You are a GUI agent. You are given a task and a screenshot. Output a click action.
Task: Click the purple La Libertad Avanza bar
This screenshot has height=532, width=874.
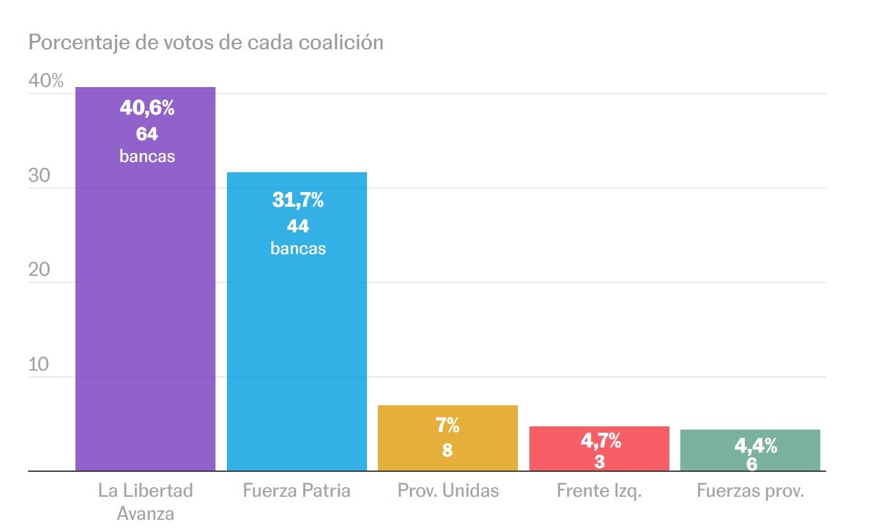tap(145, 307)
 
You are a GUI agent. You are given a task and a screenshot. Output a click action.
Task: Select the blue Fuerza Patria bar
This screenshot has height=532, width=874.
tap(297, 346)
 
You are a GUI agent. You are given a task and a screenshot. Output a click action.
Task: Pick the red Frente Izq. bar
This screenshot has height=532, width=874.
tap(599, 449)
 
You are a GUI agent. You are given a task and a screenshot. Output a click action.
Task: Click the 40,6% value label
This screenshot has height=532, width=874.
tap(147, 108)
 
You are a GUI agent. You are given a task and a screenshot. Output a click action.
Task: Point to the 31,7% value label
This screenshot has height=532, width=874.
tap(298, 200)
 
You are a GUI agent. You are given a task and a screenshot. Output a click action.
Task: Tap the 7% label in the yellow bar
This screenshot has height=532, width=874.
tap(448, 425)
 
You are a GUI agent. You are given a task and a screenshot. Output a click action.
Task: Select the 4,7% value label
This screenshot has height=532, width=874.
tap(600, 440)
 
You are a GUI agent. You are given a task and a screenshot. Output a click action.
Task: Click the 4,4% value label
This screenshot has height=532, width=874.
tap(756, 446)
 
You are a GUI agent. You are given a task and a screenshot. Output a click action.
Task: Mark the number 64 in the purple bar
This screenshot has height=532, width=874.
tap(147, 134)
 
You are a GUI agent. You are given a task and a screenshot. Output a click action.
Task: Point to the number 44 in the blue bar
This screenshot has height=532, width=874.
tap(298, 226)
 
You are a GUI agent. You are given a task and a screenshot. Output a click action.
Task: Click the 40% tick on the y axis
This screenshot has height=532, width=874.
tap(46, 81)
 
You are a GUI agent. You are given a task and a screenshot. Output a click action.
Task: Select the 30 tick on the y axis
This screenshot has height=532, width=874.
tap(39, 176)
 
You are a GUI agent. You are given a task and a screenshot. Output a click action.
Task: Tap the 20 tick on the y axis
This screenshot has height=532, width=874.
tap(39, 270)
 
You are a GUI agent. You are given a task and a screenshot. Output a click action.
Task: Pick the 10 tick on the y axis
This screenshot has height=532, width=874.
tap(39, 365)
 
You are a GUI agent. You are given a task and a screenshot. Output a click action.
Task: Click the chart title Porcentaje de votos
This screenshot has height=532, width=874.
tap(206, 42)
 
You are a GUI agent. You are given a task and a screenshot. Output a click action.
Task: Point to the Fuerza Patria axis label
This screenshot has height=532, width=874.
tap(297, 491)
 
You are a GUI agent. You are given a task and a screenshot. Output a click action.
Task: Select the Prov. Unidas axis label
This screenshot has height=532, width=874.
tap(448, 491)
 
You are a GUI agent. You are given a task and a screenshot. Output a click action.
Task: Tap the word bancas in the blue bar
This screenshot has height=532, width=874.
tap(298, 248)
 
